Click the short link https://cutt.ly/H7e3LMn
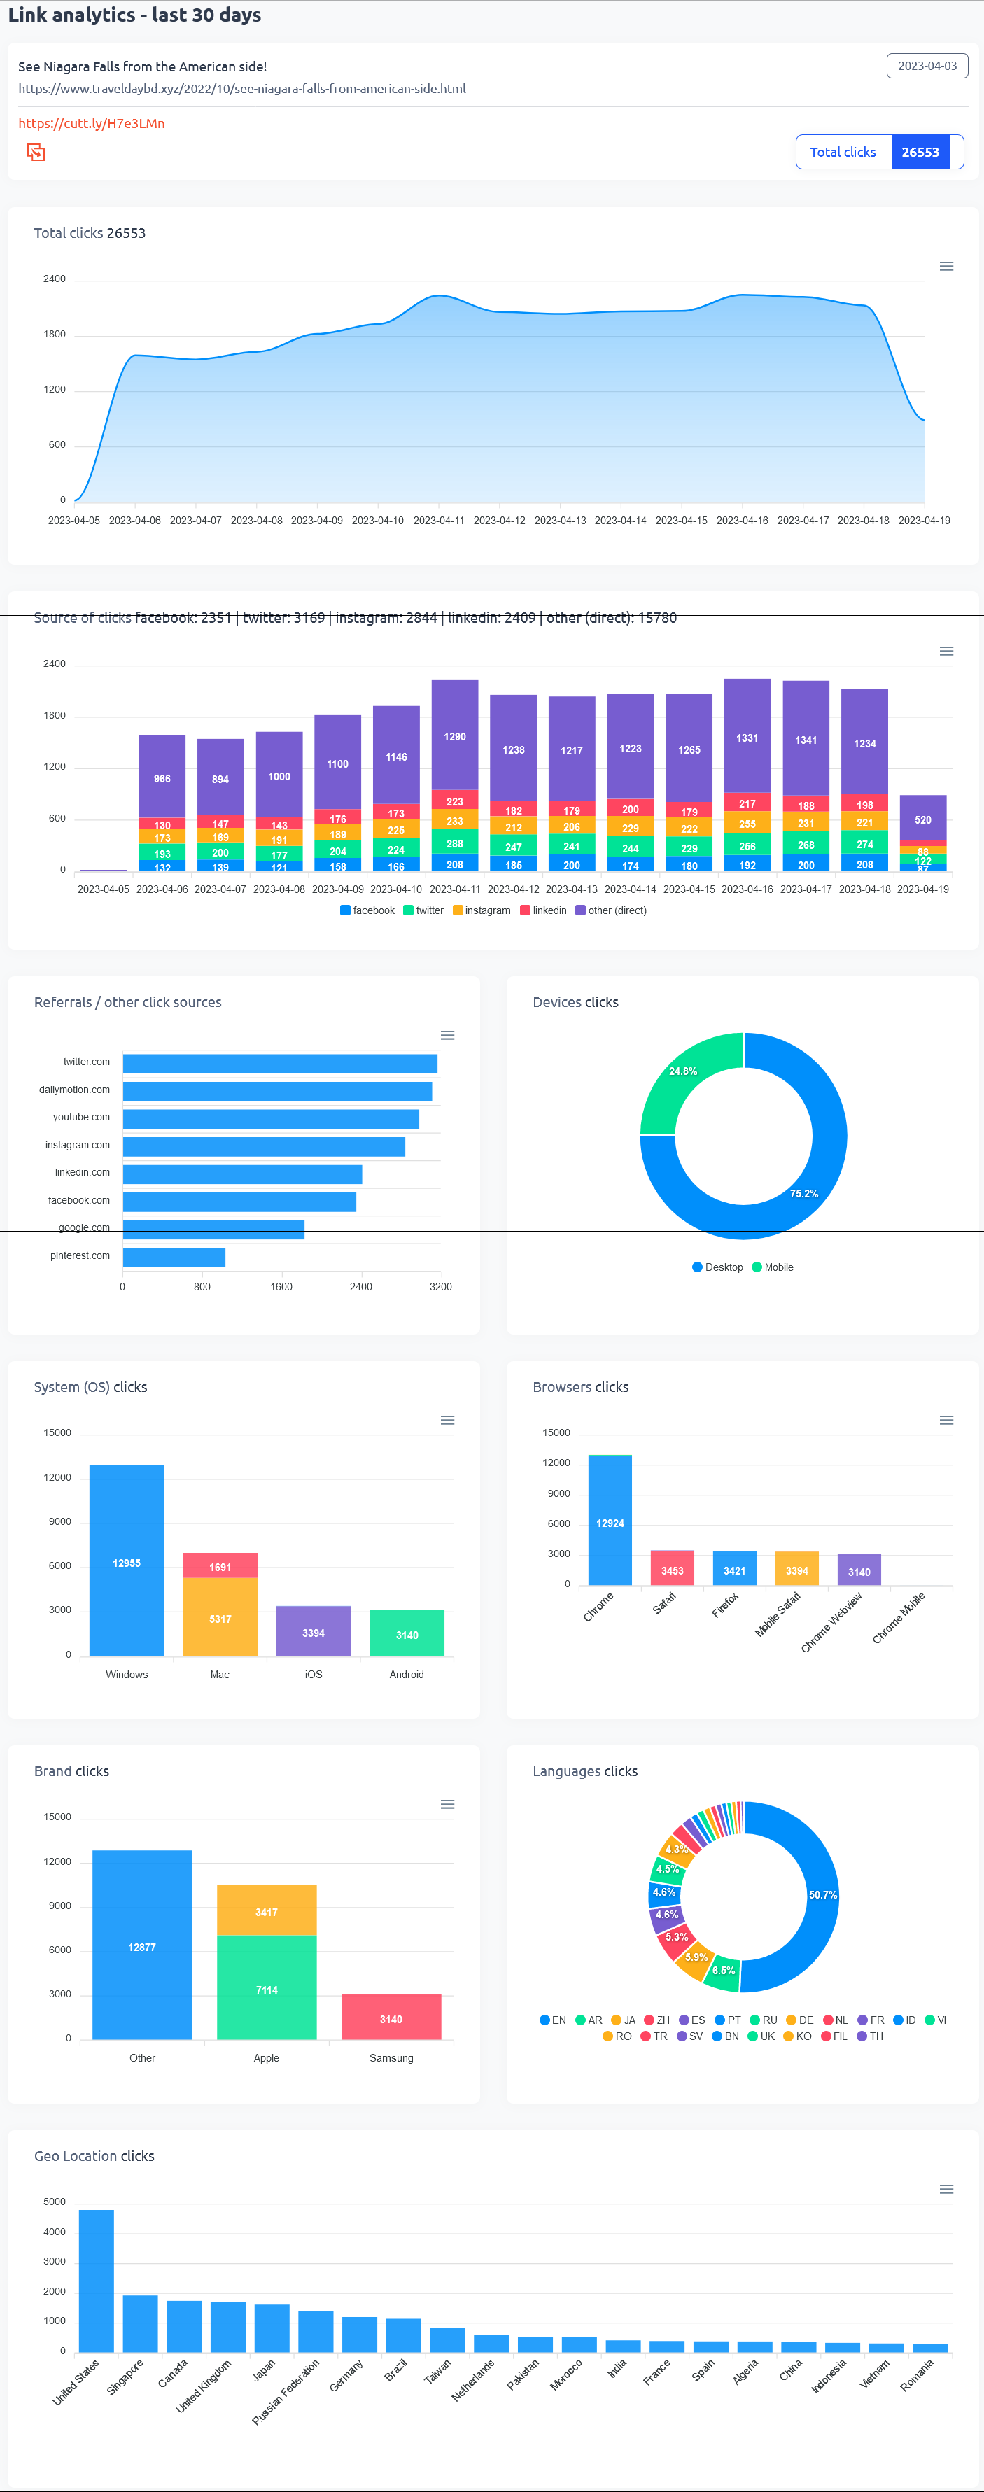pyautogui.click(x=91, y=124)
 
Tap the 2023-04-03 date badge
pyautogui.click(x=926, y=66)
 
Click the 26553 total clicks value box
pyautogui.click(x=920, y=152)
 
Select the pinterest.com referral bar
pyautogui.click(x=174, y=1257)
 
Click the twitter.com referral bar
pyautogui.click(x=280, y=1063)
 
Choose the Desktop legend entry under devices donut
pyautogui.click(x=717, y=1267)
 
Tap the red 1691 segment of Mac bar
pyautogui.click(x=220, y=1565)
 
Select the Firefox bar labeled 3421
pyautogui.click(x=734, y=1568)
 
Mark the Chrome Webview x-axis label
pyautogui.click(x=831, y=1621)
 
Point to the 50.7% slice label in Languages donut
pyautogui.click(x=822, y=1894)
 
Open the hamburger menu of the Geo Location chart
pyautogui.click(x=946, y=2189)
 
